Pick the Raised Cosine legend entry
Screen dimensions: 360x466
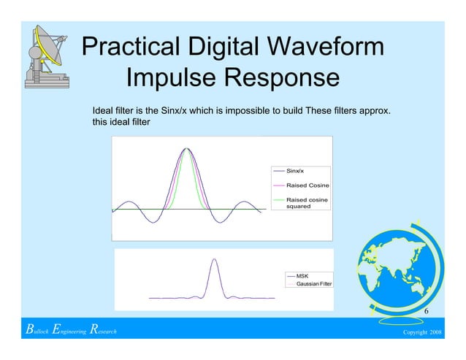click(307, 185)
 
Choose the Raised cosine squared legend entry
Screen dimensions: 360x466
click(307, 202)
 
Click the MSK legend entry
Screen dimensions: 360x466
click(302, 275)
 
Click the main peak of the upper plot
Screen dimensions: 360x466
click(186, 149)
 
